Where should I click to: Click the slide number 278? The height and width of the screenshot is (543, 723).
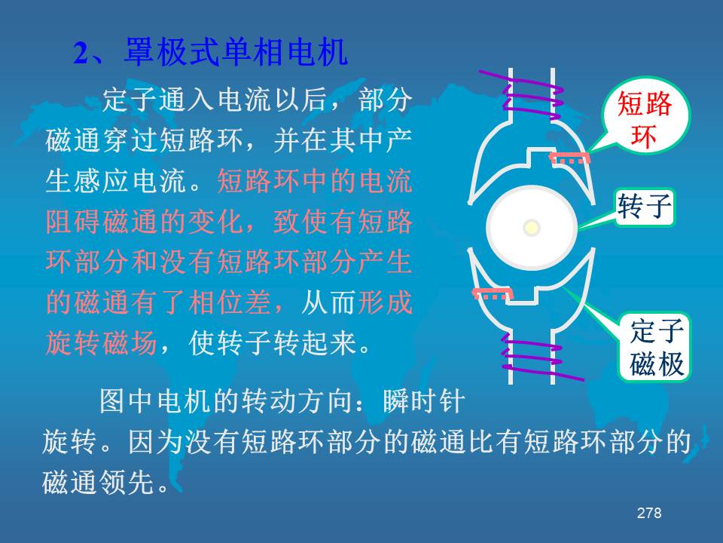click(648, 513)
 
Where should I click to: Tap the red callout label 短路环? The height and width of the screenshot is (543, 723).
click(644, 120)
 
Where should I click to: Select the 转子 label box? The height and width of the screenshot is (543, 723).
click(645, 207)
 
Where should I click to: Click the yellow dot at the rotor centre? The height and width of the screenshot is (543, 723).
click(532, 227)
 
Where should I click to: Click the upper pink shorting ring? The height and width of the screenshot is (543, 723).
click(569, 158)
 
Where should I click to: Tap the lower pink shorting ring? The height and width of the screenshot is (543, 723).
click(493, 293)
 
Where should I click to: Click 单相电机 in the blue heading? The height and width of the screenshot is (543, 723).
click(284, 52)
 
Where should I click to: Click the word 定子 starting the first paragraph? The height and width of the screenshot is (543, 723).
click(130, 100)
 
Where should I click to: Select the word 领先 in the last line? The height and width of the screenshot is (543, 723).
click(127, 482)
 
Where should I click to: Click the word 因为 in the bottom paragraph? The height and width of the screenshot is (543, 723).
click(156, 442)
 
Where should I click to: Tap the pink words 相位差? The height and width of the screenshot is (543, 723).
click(229, 302)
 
